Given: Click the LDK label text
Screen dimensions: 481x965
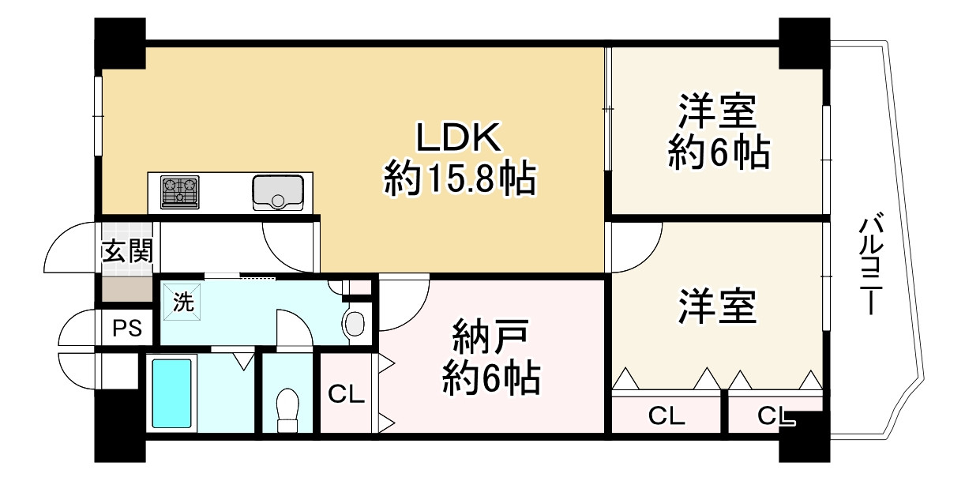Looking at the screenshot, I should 458,139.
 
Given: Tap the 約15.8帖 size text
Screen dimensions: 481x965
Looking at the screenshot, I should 460,181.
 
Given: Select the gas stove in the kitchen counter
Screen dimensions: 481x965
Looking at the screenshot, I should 179,192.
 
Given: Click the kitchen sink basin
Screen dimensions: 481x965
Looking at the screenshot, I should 278,193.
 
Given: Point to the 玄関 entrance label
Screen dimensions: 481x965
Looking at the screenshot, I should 126,252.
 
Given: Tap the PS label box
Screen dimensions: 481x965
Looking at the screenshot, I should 126,328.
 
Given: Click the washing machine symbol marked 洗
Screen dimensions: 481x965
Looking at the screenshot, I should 182,302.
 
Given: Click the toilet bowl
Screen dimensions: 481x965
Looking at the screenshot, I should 289,408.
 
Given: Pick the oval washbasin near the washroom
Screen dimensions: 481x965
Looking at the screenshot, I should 355,324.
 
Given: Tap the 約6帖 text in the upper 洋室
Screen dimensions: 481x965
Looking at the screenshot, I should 718,154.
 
